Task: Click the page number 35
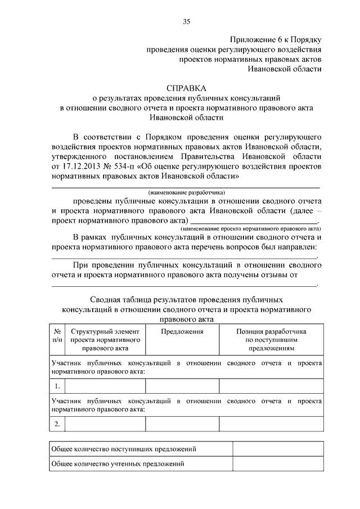pyautogui.click(x=186, y=21)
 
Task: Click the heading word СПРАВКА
pyautogui.click(x=186, y=88)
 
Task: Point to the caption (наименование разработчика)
pyautogui.click(x=186, y=192)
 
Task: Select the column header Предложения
pyautogui.click(x=182, y=332)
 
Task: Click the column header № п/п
pyautogui.click(x=58, y=336)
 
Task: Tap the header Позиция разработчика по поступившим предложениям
pyautogui.click(x=271, y=340)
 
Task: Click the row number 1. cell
pyautogui.click(x=58, y=386)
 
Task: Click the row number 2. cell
pyautogui.click(x=58, y=424)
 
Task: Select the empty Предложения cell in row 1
pyautogui.click(x=182, y=386)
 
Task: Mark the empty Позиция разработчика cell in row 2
pyautogui.click(x=271, y=424)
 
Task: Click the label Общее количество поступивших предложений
pyautogui.click(x=124, y=449)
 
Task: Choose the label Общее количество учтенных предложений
pyautogui.click(x=118, y=464)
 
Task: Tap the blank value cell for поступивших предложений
pyautogui.click(x=278, y=449)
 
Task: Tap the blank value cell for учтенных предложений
pyautogui.click(x=278, y=464)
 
